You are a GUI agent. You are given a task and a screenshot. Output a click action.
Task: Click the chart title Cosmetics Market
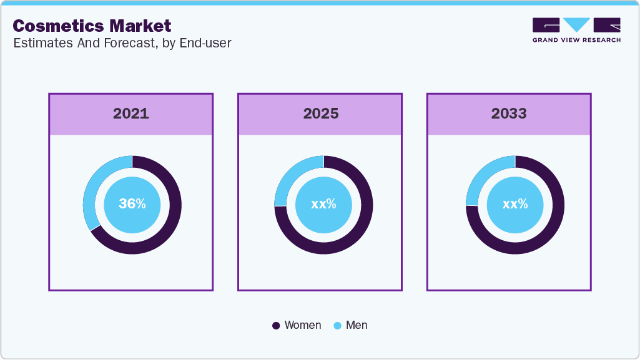(x=92, y=26)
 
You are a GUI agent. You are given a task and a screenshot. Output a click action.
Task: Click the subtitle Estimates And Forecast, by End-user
(x=122, y=44)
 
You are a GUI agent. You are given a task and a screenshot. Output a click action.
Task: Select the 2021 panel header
(x=130, y=114)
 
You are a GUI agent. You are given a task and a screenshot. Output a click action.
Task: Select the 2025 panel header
(x=320, y=114)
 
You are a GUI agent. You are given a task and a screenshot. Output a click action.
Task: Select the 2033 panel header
(x=509, y=114)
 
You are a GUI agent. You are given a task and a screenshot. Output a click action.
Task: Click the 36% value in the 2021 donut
(x=132, y=204)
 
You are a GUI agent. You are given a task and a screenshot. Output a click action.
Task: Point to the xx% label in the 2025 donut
(x=323, y=204)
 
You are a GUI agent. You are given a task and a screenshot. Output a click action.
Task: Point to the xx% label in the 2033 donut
(x=515, y=204)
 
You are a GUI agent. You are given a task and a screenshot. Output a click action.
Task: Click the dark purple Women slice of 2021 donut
(x=169, y=225)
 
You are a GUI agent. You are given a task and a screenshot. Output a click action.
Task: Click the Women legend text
(x=302, y=325)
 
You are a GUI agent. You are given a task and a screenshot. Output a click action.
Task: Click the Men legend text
(x=357, y=325)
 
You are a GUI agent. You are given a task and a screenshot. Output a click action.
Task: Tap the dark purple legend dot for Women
(x=276, y=326)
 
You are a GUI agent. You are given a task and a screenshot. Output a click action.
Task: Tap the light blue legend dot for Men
(x=338, y=326)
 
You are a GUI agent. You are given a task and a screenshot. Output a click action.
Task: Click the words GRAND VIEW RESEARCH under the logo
(x=576, y=40)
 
